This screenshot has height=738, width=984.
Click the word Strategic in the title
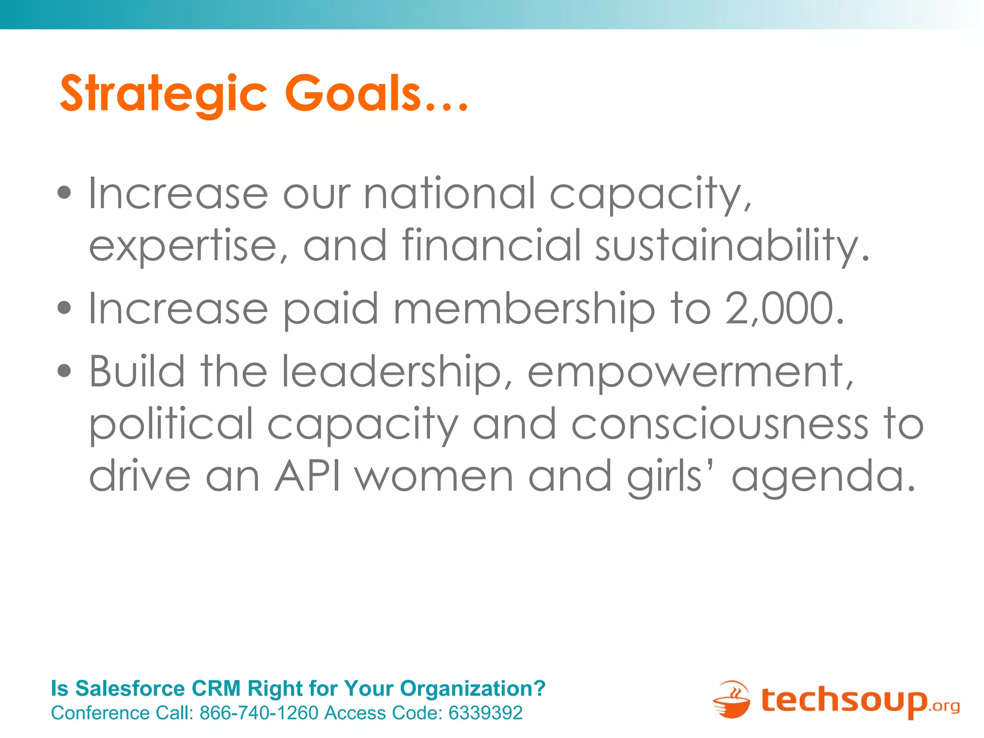[x=163, y=94]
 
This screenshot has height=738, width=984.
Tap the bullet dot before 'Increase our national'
[x=64, y=193]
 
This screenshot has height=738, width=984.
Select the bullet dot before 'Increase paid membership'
[x=64, y=308]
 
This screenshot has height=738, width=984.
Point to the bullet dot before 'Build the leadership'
[x=64, y=371]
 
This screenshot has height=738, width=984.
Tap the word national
[x=449, y=193]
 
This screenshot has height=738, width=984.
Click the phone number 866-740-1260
[x=259, y=713]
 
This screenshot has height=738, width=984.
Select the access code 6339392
[x=485, y=713]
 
